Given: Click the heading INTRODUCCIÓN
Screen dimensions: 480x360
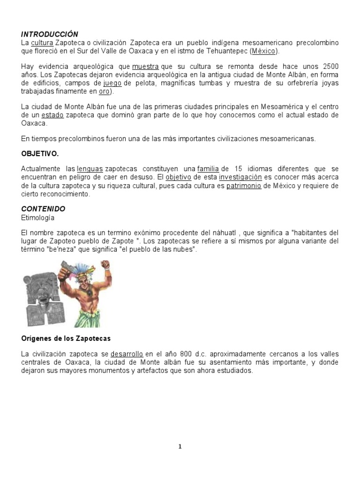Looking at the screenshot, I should pyautogui.click(x=49, y=34).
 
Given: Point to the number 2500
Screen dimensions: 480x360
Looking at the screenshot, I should pyautogui.click(x=328, y=67).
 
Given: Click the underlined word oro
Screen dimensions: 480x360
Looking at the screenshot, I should pyautogui.click(x=104, y=91).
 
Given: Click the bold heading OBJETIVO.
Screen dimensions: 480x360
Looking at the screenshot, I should pyautogui.click(x=40, y=153).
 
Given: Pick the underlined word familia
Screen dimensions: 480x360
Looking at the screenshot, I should pyautogui.click(x=209, y=169).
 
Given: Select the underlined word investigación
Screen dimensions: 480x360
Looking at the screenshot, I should pyautogui.click(x=240, y=178).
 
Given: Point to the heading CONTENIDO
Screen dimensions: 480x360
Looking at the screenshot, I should pyautogui.click(x=43, y=209).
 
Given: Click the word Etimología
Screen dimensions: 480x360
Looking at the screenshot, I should pyautogui.click(x=38, y=217).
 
